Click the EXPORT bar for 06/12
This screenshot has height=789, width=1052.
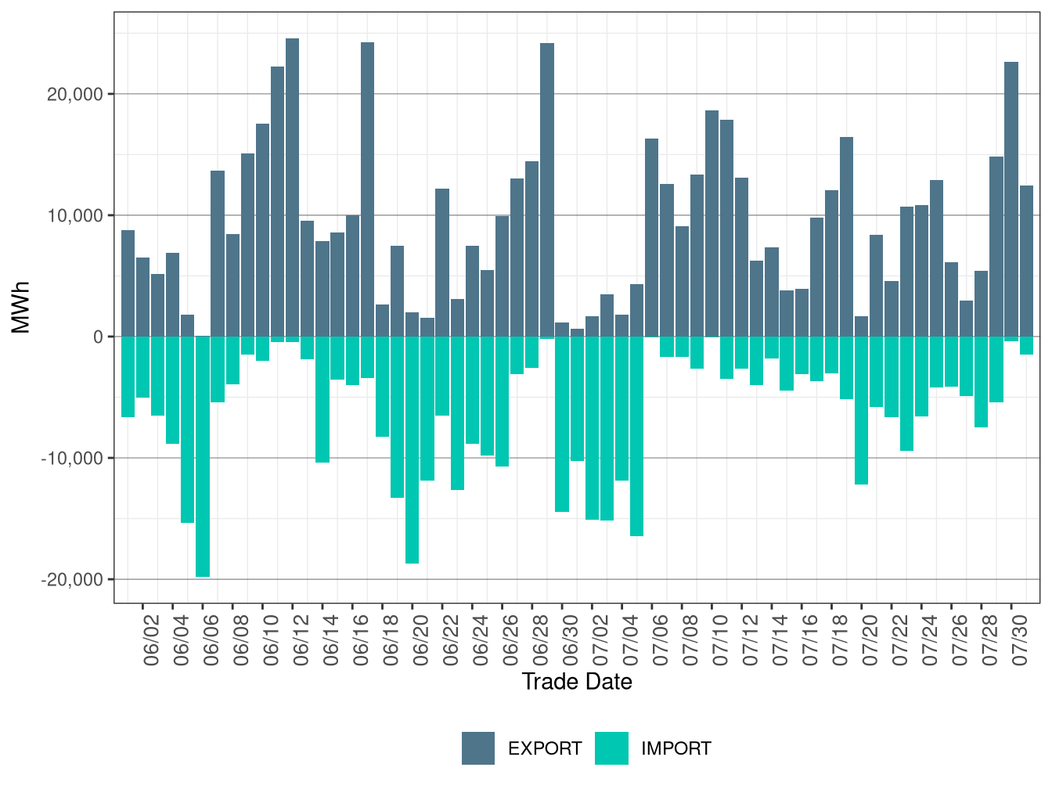292,187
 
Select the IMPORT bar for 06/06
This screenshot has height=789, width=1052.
202,456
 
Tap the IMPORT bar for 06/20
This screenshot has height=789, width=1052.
412,450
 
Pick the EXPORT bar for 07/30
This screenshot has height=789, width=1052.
1011,200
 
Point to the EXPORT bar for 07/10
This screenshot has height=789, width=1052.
712,224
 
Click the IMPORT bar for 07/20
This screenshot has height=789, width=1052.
861,411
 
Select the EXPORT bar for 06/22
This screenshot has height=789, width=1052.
442,262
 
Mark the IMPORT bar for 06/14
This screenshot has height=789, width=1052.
322,399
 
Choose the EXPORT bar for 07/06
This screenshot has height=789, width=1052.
651,238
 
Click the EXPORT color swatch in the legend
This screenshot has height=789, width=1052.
477,748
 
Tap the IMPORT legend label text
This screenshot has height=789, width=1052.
676,749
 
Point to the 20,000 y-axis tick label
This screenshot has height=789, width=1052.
75,95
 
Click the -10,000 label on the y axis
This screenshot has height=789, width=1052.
72,459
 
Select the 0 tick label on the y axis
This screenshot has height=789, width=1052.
99,337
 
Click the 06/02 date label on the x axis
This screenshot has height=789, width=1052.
150,640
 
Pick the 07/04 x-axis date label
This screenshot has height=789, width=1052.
630,640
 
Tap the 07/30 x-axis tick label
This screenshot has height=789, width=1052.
1019,640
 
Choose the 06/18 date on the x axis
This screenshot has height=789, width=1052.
390,640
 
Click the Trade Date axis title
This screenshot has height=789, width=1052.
577,682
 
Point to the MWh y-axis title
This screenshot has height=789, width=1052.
20,308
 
